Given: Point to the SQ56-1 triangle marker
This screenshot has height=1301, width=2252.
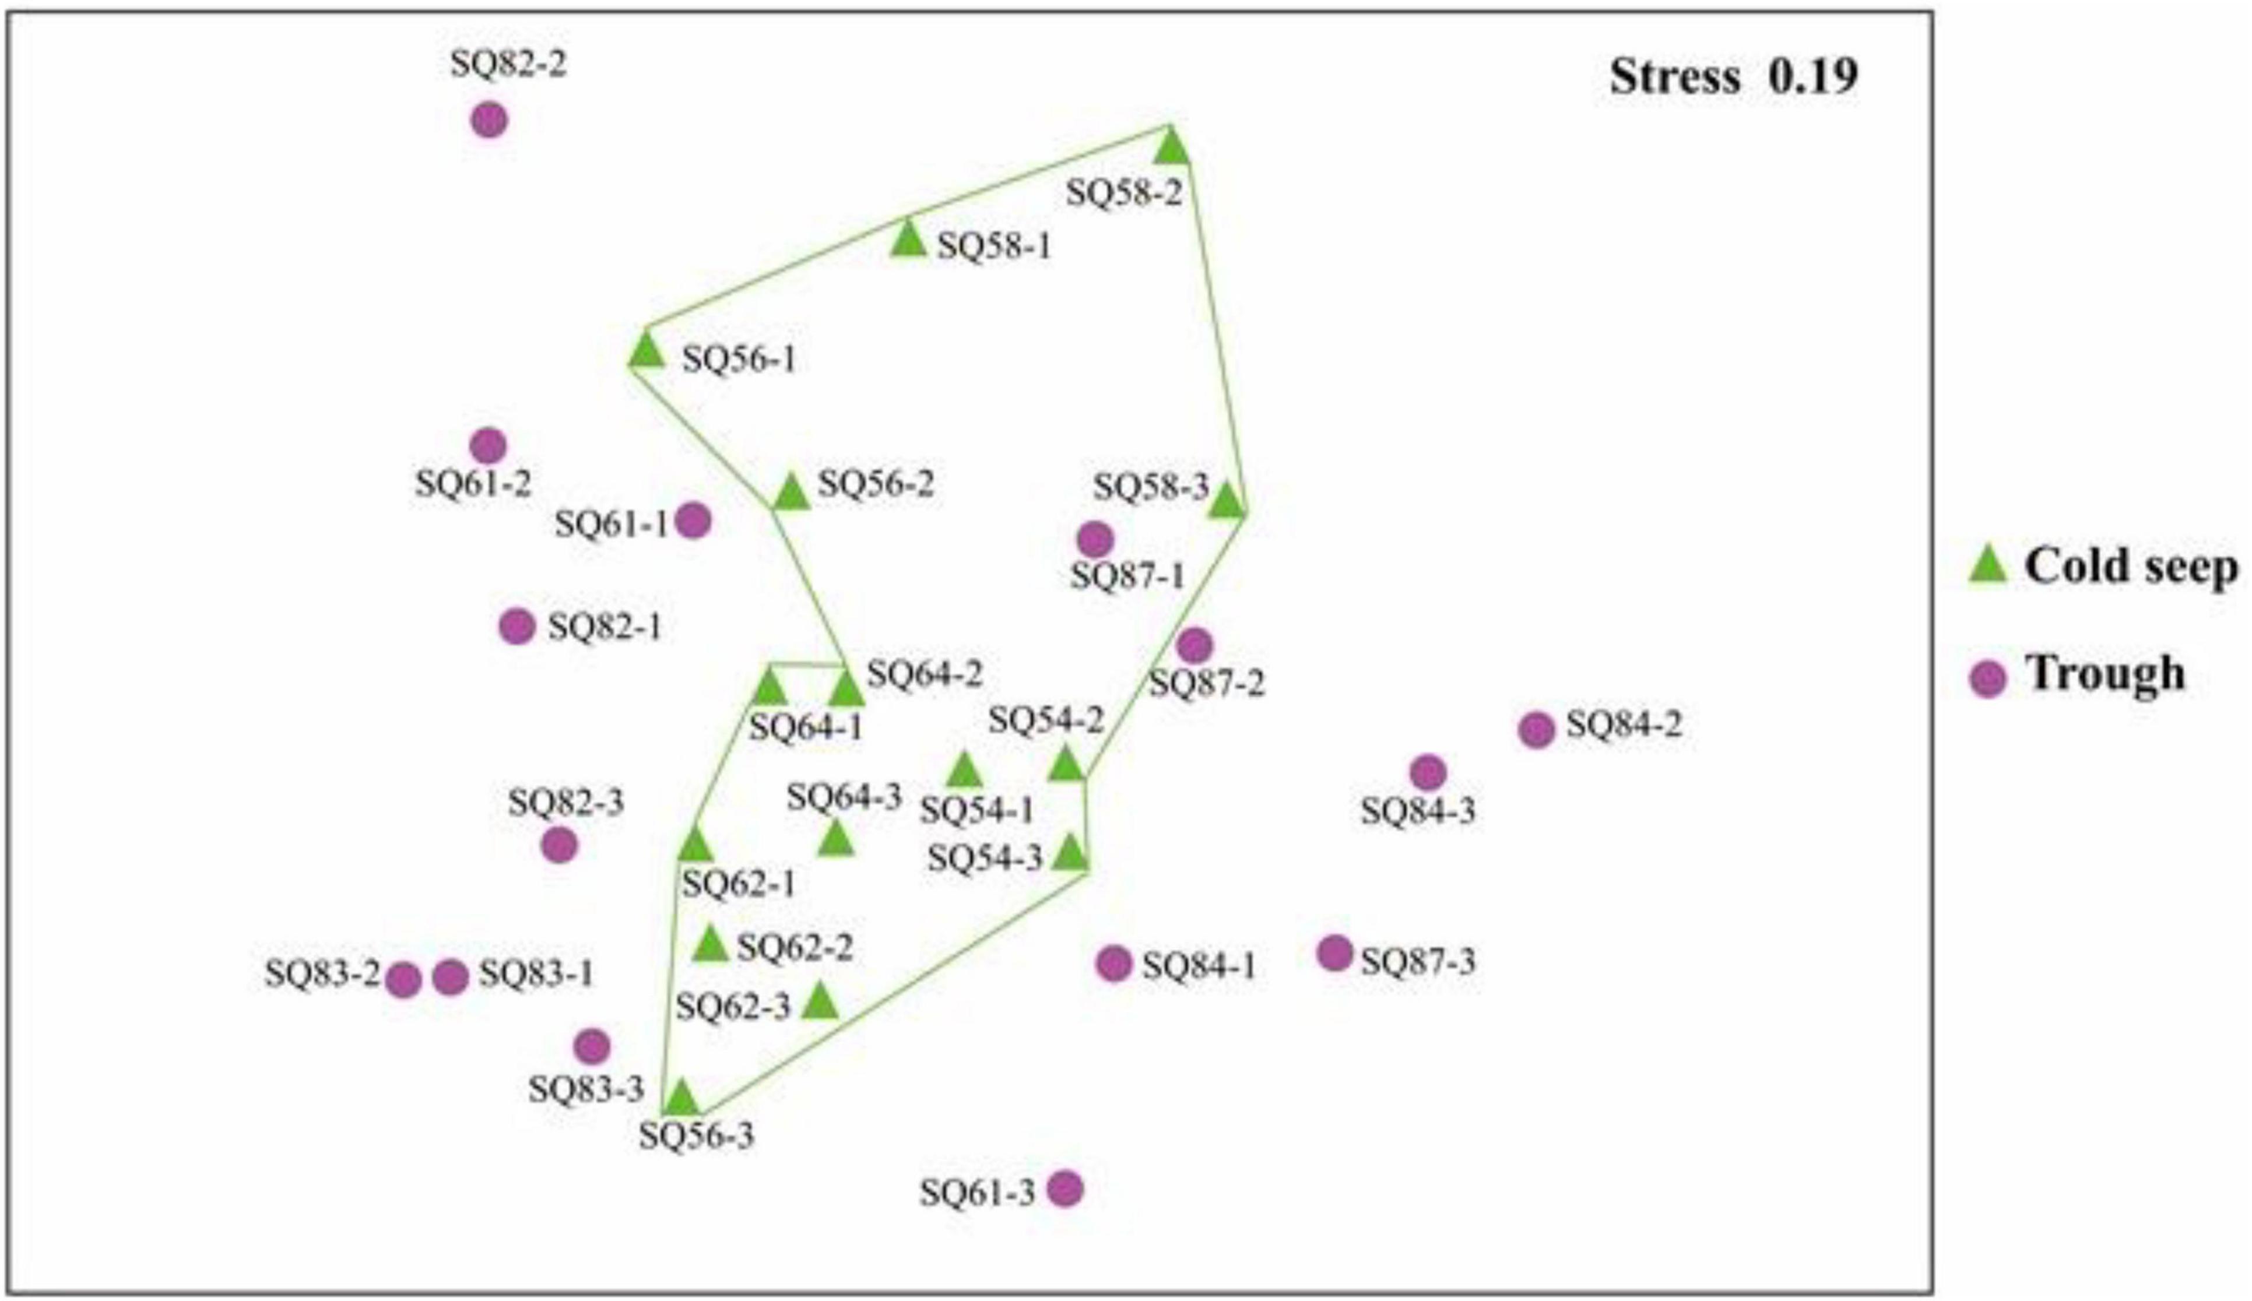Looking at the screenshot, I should tap(646, 351).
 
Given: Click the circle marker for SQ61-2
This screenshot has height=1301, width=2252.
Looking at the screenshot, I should tap(488, 445).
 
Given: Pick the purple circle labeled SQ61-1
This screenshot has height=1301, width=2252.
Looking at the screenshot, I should tap(694, 520).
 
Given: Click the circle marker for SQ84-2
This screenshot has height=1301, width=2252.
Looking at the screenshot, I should tap(1536, 730).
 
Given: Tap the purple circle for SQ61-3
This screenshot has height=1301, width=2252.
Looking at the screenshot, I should tap(1065, 1189).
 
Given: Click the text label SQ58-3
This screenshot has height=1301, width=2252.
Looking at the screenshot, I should tap(1151, 488).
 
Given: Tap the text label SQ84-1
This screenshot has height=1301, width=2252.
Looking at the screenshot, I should tap(1199, 966).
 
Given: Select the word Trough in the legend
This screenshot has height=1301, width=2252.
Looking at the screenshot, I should tap(2105, 673).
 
